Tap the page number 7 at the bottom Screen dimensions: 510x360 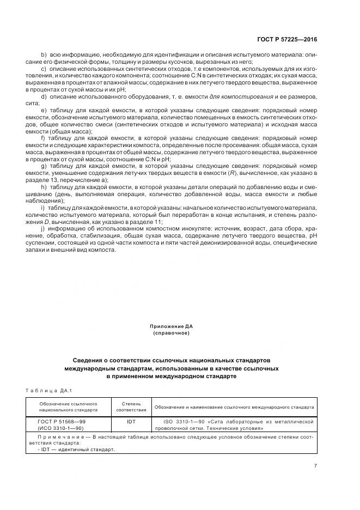tap(315, 465)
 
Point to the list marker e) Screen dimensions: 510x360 tap(44, 110)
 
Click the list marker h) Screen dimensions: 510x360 tap(44, 187)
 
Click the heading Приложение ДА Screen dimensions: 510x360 tap(171, 326)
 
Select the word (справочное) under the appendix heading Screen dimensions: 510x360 tap(171, 333)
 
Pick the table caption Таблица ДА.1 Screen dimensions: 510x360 tap(48, 390)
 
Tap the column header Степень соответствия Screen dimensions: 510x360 tap(131, 407)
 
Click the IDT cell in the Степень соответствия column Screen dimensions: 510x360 tap(131, 422)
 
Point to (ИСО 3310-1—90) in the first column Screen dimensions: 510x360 tap(54, 428)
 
